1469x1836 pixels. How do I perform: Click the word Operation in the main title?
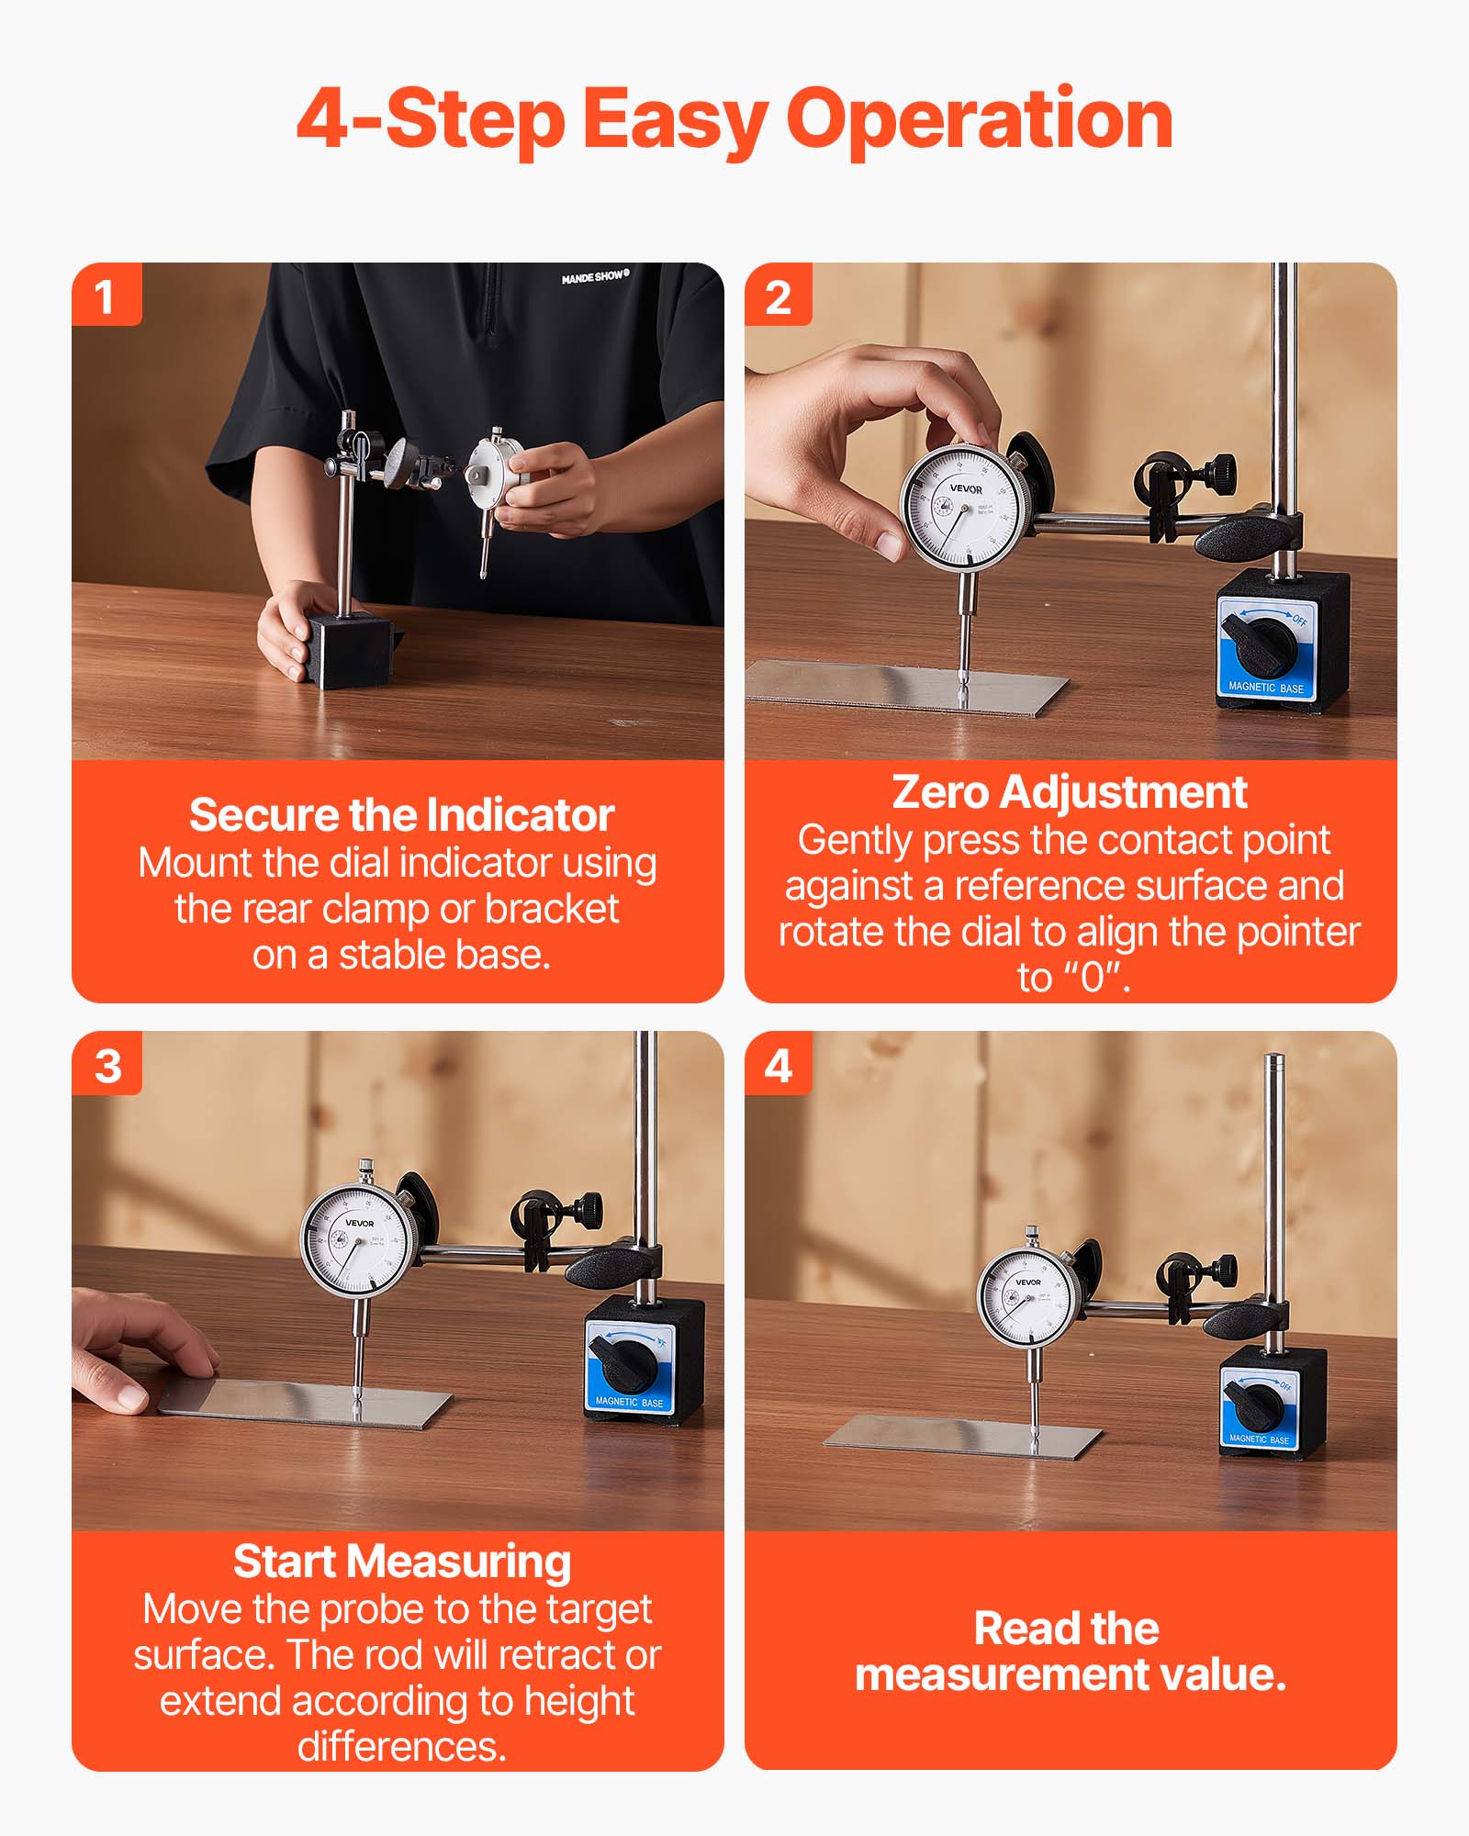[980, 119]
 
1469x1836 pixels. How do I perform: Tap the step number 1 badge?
[106, 296]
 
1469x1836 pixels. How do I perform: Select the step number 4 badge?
[778, 1065]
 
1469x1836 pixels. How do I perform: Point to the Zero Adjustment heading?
[1069, 791]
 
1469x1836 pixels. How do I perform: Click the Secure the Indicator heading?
[401, 815]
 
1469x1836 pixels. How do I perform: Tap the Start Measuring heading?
[401, 1562]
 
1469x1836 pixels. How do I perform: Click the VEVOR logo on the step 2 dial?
[965, 488]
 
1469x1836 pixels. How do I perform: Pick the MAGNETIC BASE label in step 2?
[1265, 688]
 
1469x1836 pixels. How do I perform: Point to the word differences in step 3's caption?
[401, 1746]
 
